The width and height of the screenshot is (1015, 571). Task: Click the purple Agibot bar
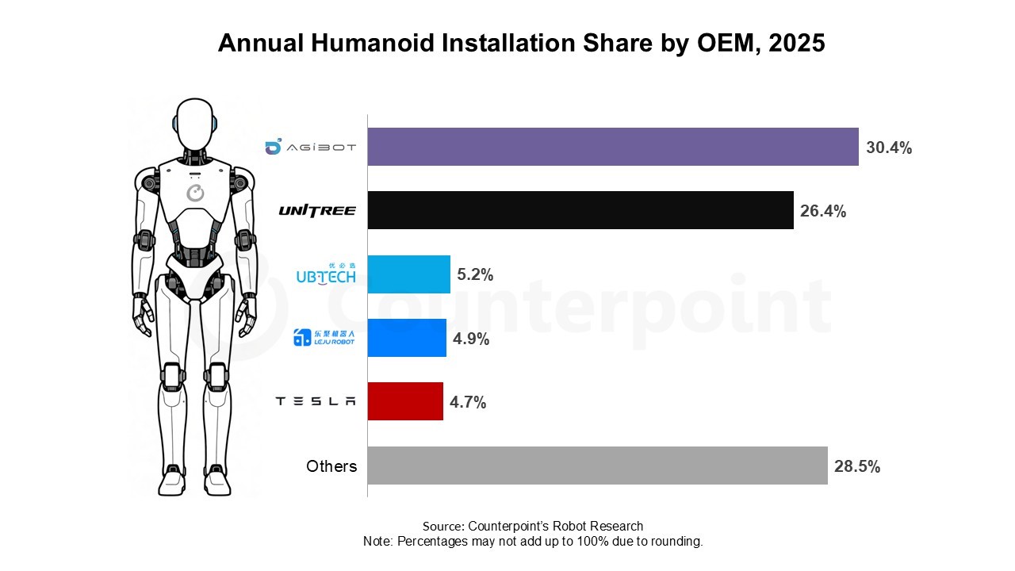point(613,147)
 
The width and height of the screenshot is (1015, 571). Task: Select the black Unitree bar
point(580,210)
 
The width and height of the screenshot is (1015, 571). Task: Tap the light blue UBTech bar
point(409,274)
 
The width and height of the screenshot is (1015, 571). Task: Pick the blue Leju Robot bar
point(407,338)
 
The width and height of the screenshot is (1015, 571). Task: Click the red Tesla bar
point(405,401)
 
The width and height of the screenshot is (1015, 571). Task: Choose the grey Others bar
point(597,466)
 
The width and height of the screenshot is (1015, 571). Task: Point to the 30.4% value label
point(889,148)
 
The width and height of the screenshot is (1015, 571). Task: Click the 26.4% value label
point(823,212)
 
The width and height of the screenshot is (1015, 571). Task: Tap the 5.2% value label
point(475,275)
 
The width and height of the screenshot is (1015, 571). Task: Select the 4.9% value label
point(471,339)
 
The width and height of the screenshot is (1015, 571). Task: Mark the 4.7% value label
point(468,402)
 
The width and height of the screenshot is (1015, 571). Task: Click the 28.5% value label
point(857,466)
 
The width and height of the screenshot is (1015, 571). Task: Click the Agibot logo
point(310,147)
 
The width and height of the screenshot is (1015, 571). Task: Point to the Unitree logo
point(317,210)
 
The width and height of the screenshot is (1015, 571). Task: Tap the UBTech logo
point(325,274)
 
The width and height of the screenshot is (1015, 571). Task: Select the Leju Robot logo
point(324,338)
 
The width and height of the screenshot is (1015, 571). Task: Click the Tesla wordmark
point(316,401)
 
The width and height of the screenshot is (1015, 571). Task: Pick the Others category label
point(331,466)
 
